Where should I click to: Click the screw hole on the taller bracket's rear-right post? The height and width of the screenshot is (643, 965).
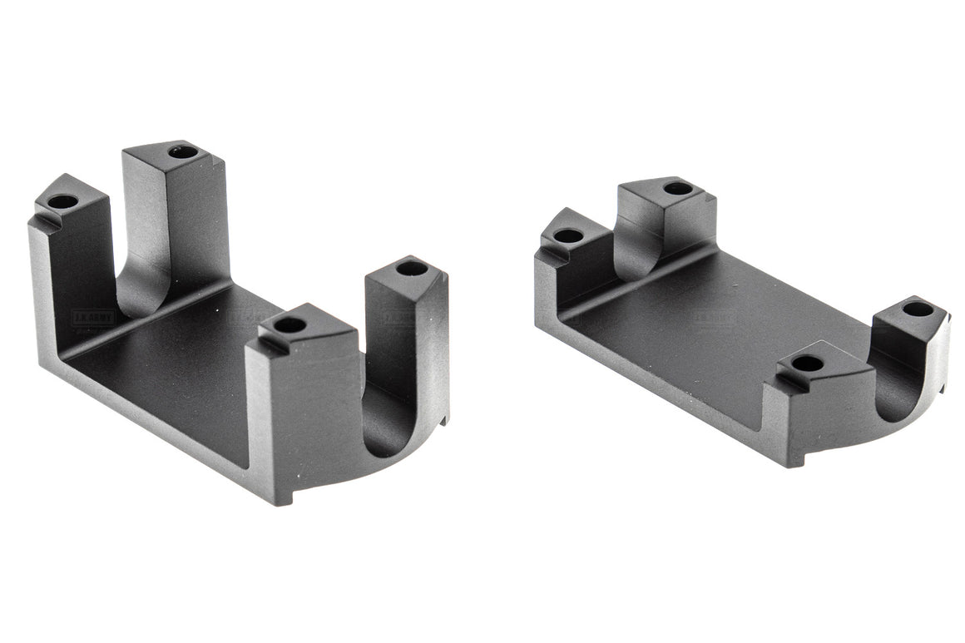183,152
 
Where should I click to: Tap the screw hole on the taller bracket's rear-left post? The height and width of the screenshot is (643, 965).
61,200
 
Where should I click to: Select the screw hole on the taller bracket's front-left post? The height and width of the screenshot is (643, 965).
289,324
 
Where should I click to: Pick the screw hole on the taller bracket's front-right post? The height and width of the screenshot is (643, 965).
411,268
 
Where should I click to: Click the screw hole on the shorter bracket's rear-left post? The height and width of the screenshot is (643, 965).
568,235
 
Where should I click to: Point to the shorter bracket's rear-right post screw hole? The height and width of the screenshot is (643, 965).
678,188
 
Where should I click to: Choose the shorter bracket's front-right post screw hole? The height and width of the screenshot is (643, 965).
918,309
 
